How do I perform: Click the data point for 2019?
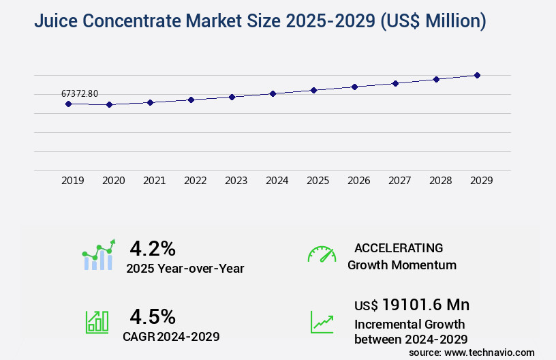68,104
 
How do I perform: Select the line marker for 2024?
273,93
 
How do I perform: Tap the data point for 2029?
477,75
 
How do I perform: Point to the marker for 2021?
150,102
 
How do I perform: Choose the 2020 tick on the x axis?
113,181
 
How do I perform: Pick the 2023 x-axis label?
236,181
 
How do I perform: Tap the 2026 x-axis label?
358,181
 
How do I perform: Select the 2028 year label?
440,181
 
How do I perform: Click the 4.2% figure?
153,247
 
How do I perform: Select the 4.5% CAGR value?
153,316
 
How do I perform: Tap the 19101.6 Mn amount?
425,304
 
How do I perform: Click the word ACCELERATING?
399,247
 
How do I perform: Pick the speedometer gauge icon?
322,254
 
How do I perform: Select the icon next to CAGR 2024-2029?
97,322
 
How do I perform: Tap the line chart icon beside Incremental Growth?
322,322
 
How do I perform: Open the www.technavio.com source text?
489,352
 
